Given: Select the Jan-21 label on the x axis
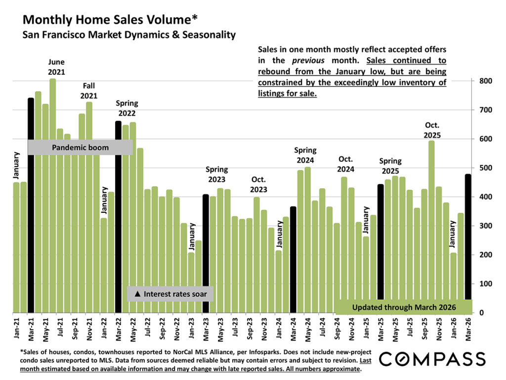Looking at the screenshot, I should click(16, 329).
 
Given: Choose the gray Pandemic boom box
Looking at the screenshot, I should click(80, 147).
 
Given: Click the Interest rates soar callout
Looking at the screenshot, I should click(170, 294).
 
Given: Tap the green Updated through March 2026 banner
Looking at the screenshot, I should click(404, 307).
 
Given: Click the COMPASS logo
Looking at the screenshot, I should click(432, 358).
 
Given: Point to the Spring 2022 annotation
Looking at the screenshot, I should click(126, 108).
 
